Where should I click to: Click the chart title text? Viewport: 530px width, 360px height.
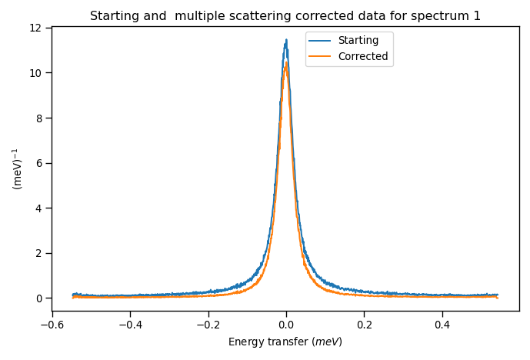(285, 16)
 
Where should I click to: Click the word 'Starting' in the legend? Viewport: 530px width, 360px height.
(358, 41)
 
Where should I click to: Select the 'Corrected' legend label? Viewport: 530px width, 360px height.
(362, 56)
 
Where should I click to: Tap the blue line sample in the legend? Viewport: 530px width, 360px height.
(321, 41)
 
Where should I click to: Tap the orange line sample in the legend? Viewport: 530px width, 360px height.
(321, 56)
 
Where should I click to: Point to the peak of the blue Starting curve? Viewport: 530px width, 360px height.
(286, 41)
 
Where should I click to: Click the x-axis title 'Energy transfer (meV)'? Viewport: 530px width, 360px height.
(285, 342)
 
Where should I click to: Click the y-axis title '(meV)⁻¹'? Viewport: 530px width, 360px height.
(17, 168)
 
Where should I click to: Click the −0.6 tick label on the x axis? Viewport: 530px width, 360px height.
(52, 325)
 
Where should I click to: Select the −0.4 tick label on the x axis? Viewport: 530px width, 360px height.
(130, 325)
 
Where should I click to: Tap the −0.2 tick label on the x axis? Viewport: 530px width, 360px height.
(208, 325)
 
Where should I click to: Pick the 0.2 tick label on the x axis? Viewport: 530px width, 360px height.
(364, 325)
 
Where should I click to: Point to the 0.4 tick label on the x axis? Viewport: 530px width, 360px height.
(442, 325)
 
